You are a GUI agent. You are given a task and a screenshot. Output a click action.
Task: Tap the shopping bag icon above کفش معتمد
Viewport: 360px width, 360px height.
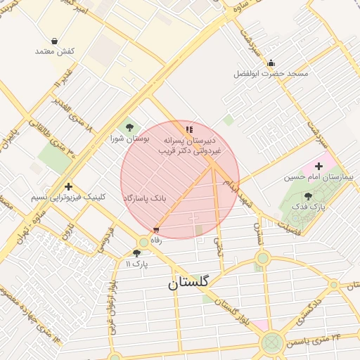(x=55, y=41)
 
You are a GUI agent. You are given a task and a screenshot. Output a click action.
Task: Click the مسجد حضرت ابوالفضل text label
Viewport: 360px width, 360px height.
(x=271, y=74)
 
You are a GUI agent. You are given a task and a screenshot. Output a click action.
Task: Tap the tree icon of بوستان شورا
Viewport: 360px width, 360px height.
(x=129, y=127)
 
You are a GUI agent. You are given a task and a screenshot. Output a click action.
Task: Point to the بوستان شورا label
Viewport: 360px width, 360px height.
(x=127, y=139)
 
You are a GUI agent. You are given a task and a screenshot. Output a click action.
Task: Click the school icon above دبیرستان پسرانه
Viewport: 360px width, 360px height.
(x=188, y=129)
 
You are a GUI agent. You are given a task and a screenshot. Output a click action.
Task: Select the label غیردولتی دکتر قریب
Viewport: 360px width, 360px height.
(x=189, y=151)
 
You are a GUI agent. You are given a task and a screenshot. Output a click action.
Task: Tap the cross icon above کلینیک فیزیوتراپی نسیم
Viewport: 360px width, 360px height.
(x=68, y=187)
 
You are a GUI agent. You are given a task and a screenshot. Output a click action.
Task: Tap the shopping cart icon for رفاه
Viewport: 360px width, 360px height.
(x=155, y=230)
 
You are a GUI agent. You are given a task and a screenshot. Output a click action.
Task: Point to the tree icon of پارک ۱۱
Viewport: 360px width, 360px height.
(x=136, y=253)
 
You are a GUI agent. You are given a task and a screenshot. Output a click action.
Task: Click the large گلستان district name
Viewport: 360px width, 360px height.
(x=188, y=283)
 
